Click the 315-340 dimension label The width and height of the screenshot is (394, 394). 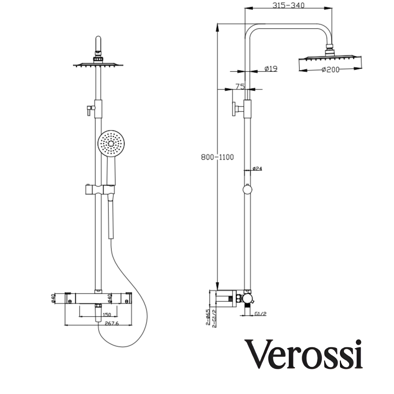coord(288,6)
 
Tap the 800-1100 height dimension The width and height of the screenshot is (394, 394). coord(217,157)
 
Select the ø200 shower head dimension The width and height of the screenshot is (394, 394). coord(330,69)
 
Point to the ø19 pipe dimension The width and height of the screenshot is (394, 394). coord(271,68)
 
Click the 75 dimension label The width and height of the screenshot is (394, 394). coord(240,86)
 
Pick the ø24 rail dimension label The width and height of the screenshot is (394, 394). coord(257,168)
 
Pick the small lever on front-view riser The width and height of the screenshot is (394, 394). coord(88,109)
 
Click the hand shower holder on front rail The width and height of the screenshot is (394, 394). coord(99,189)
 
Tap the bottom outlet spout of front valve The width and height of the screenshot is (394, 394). coord(98,312)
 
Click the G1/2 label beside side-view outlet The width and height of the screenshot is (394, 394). coord(261,314)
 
